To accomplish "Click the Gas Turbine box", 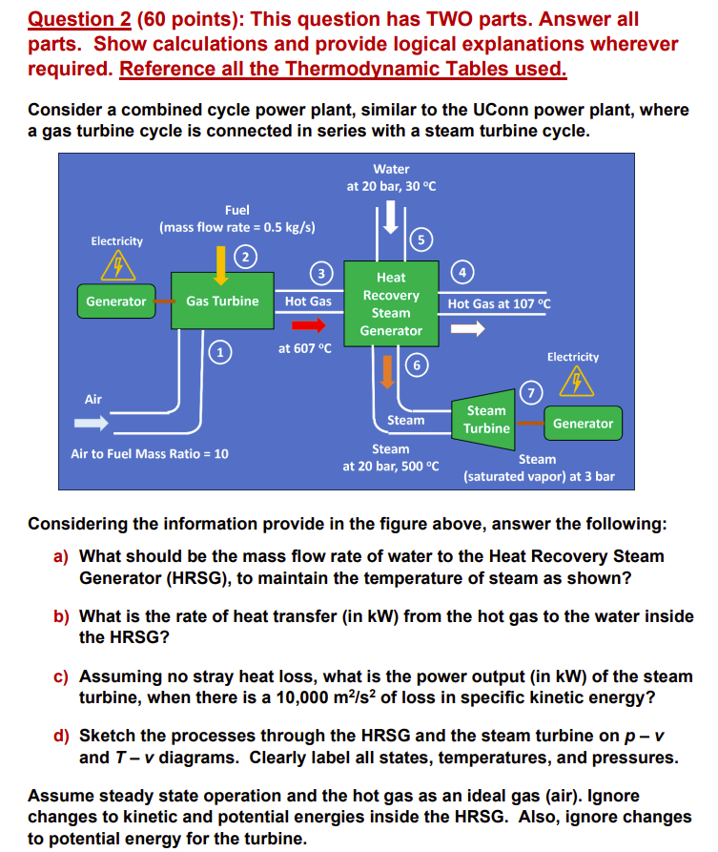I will click(222, 301).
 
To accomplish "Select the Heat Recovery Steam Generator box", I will click(391, 303).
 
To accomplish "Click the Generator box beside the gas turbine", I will click(116, 301).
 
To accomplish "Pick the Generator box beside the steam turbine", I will click(583, 423).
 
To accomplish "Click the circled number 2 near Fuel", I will click(246, 256).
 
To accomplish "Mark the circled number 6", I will click(416, 364).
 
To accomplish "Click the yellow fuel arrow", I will click(221, 263).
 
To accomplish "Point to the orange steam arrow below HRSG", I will click(386, 370).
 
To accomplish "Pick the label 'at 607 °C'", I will click(305, 348).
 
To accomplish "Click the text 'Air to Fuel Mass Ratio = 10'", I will click(150, 454).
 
